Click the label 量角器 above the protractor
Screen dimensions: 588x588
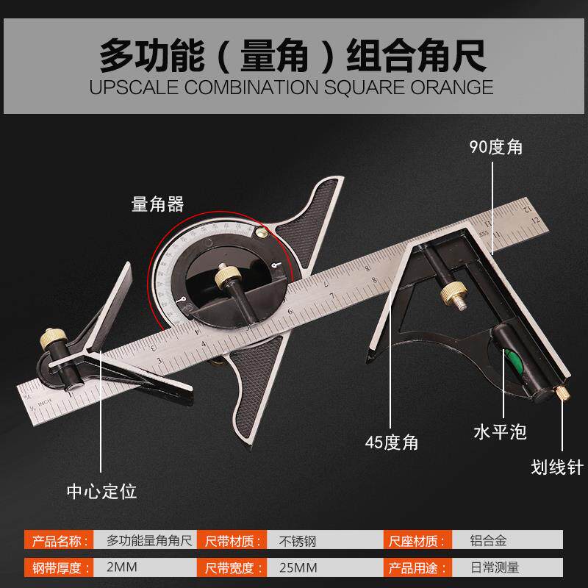158,204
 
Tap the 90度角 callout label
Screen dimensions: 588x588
497,146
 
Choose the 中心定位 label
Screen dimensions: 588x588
101,490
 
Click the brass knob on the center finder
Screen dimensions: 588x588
52,342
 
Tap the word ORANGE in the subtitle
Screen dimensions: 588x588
450,87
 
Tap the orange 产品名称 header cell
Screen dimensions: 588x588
59,542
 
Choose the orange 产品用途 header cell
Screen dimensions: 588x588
415,567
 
